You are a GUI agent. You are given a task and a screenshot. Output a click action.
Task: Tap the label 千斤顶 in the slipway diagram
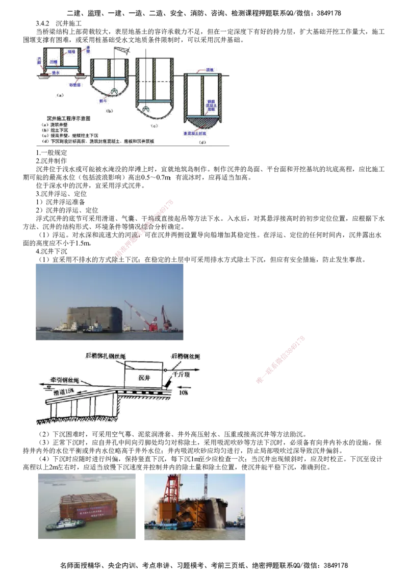coord(182,374)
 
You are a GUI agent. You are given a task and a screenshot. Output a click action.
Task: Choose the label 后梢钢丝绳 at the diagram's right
coord(186,357)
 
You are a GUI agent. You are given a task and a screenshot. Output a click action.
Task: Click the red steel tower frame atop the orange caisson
coord(171,489)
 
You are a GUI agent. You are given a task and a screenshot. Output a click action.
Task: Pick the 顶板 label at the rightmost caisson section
coord(209,69)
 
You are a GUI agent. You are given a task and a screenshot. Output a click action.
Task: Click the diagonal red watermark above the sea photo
coord(145,228)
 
